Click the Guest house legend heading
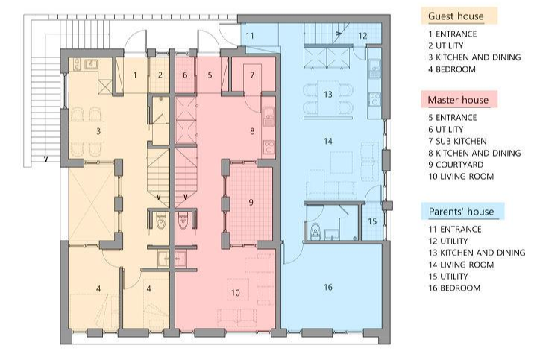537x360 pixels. tap(456, 16)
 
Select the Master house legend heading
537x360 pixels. tap(458, 100)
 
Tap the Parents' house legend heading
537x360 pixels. tap(461, 212)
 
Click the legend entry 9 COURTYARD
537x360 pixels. tap(456, 165)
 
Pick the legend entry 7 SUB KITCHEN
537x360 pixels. tap(457, 141)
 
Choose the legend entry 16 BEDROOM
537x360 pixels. tap(454, 288)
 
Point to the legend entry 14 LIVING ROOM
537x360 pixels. tap(461, 265)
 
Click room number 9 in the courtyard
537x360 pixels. tap(251, 202)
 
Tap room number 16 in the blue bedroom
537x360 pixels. tap(328, 287)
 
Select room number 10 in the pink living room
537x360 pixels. tap(235, 293)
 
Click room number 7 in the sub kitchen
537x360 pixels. tap(252, 75)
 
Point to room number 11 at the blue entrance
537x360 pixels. tap(250, 36)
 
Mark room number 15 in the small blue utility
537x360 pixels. tap(372, 221)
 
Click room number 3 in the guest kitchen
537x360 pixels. tap(98, 131)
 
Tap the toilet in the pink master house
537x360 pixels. tap(183, 221)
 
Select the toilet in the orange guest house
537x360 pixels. tap(161, 221)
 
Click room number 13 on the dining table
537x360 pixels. tap(328, 94)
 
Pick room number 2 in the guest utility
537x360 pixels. tap(160, 75)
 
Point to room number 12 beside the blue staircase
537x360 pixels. tap(362, 36)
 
